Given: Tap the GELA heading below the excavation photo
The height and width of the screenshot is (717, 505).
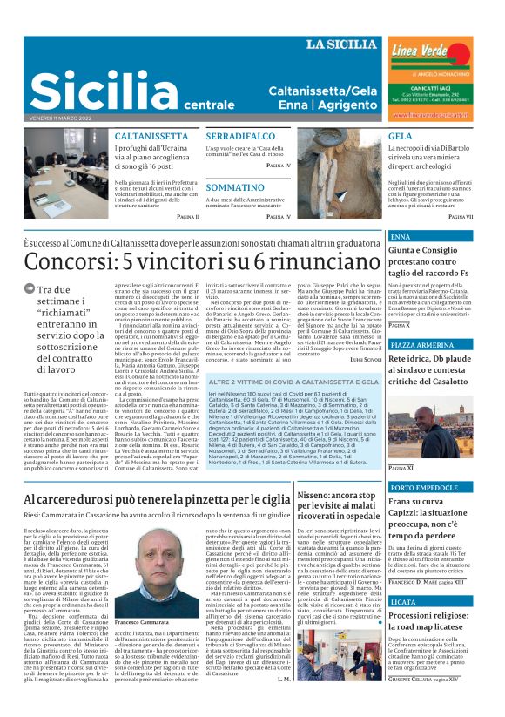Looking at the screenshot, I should [x=401, y=137].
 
